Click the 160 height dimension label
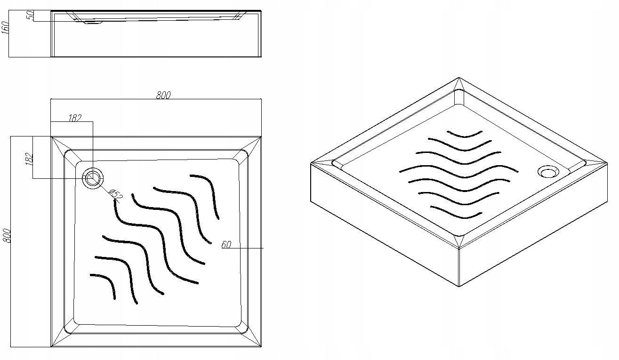tap(6, 28)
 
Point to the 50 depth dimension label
tap(30, 15)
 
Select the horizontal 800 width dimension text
tap(163, 95)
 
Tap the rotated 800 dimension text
tap(7, 236)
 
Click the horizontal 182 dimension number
tap(75, 118)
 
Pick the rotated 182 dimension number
tap(29, 159)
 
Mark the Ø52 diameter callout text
tap(116, 194)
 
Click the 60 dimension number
tap(226, 245)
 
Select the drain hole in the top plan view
tap(93, 178)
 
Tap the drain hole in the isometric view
tap(548, 171)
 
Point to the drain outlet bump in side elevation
tap(93, 23)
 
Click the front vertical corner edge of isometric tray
tap(459, 267)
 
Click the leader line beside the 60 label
tap(242, 248)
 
